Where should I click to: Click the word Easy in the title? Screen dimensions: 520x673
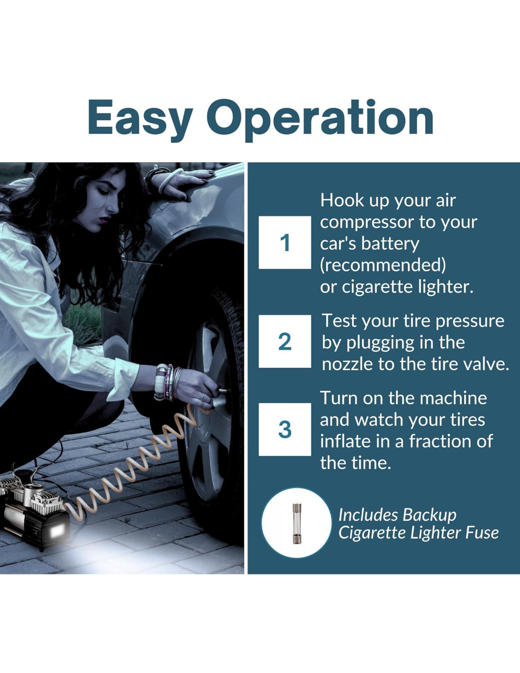pyautogui.click(x=141, y=121)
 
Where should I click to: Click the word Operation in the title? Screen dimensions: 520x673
pyautogui.click(x=320, y=121)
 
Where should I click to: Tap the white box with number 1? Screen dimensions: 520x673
pyautogui.click(x=285, y=242)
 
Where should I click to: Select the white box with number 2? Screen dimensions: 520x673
pyautogui.click(x=285, y=341)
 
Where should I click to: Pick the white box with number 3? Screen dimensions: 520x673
pyautogui.click(x=285, y=429)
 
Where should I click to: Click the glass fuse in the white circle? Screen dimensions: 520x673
pyautogui.click(x=297, y=523)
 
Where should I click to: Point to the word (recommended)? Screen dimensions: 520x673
pyautogui.click(x=383, y=265)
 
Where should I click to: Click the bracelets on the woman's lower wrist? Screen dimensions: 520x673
pyautogui.click(x=167, y=382)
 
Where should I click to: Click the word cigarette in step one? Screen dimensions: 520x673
pyautogui.click(x=377, y=287)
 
